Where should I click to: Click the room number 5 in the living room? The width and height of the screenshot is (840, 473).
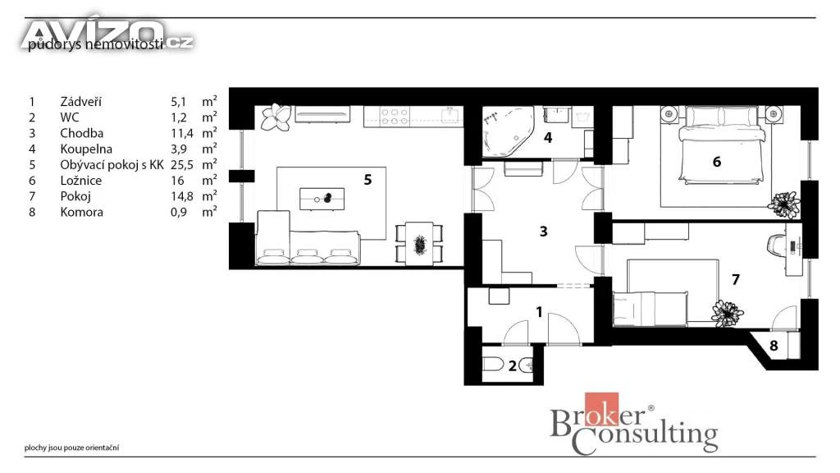367,180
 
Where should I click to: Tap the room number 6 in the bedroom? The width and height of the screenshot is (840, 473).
717,162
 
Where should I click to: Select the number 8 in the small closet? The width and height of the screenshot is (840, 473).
774,346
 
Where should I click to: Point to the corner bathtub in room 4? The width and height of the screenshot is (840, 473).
508,131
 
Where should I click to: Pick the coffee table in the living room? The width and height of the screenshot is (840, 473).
322,199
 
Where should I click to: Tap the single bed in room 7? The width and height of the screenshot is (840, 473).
650,309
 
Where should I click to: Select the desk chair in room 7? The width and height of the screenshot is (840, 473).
776,246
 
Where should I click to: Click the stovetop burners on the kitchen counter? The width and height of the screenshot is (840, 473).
395,117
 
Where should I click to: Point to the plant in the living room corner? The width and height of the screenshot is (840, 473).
276,117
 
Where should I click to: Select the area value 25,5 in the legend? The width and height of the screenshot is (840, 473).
182,165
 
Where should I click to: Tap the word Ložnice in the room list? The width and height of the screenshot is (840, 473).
81,181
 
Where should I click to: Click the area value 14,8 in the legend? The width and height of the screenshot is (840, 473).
182,196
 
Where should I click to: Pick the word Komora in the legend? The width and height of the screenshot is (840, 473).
81,212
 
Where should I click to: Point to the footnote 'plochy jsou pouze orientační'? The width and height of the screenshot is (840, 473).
72,448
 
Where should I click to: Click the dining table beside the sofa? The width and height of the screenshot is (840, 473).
419,244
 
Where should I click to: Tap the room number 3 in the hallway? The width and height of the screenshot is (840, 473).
543,231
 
